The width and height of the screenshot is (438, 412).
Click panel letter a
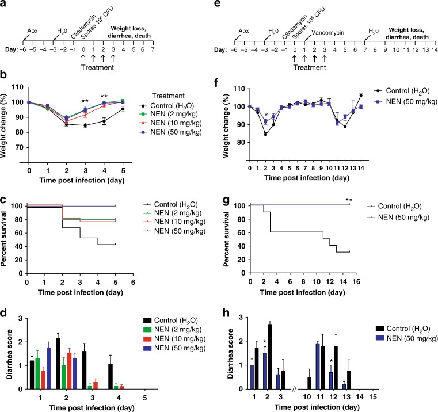point(5,5)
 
